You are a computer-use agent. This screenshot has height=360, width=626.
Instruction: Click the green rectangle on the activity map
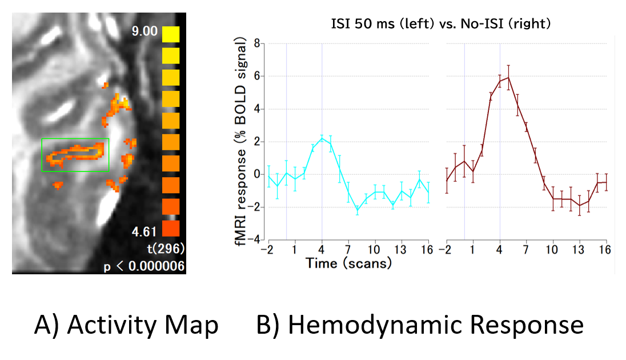click(75, 155)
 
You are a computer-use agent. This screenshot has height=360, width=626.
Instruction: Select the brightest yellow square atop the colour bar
click(170, 34)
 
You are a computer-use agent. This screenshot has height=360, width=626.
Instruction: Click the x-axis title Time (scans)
click(348, 263)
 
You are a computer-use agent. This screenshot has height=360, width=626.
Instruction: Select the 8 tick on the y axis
click(257, 43)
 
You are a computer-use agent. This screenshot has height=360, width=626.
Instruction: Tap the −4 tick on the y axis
click(255, 239)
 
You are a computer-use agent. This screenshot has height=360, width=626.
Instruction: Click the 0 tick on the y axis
click(257, 174)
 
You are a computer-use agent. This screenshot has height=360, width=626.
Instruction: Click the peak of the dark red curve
click(508, 77)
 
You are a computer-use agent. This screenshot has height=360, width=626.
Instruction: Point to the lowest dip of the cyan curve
click(358, 211)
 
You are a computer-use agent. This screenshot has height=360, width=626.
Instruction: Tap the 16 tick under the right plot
click(605, 250)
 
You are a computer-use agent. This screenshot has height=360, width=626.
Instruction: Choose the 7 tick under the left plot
click(348, 250)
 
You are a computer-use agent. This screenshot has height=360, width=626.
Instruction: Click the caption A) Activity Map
click(126, 325)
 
